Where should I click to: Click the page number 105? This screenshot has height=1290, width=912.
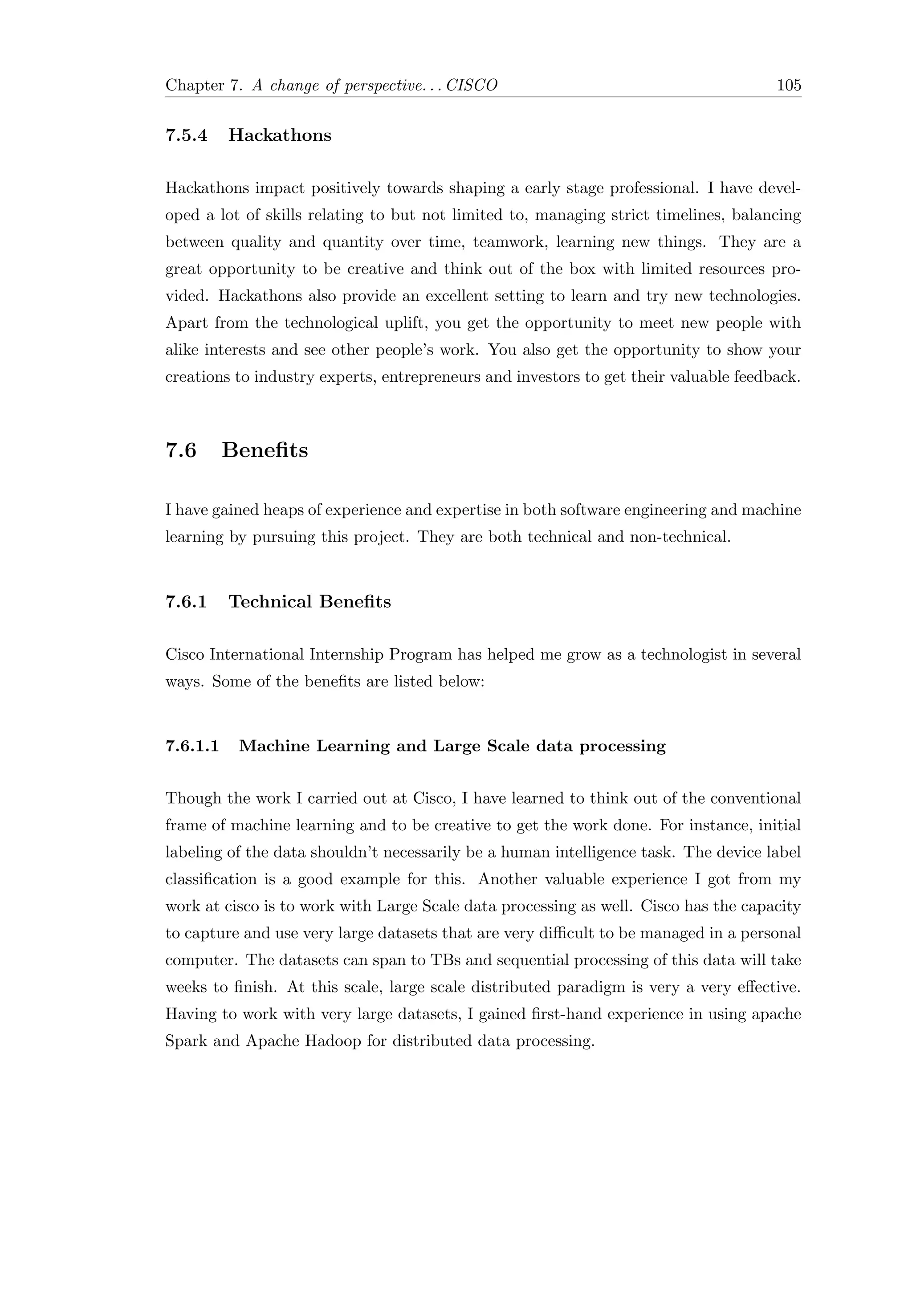tap(789, 86)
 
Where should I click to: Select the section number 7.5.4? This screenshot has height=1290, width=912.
tap(187, 135)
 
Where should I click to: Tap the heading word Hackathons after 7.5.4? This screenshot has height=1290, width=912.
tap(280, 135)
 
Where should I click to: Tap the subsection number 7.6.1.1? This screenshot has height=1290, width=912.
tap(192, 746)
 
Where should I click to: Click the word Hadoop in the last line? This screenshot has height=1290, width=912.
tap(333, 1041)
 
